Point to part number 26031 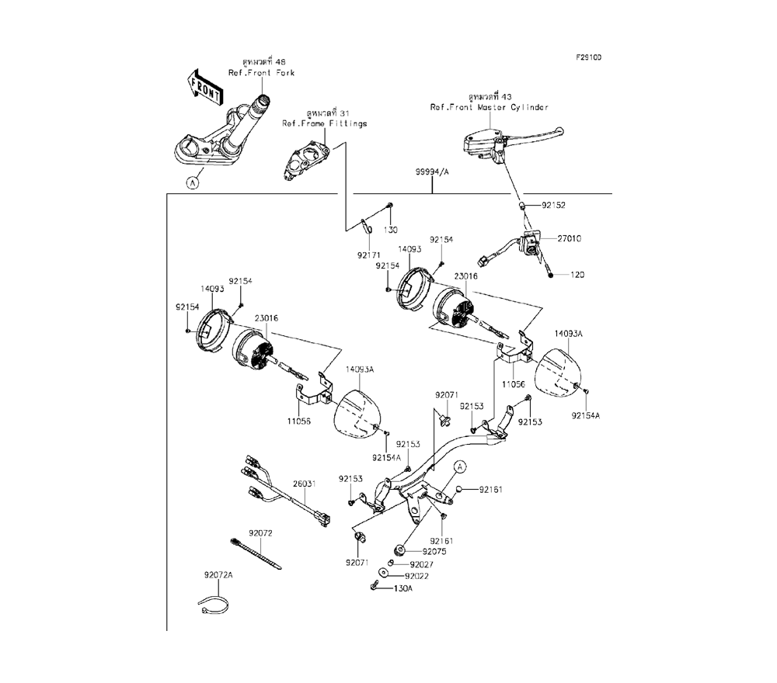click(304, 484)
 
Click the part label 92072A click(218, 575)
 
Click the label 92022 click(417, 577)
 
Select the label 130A click(403, 589)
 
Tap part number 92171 click(370, 254)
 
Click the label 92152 click(553, 205)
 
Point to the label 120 click(577, 275)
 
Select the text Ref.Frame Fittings click(324, 123)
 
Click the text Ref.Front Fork click(261, 73)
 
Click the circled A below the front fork click(192, 183)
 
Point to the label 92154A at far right click(587, 415)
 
